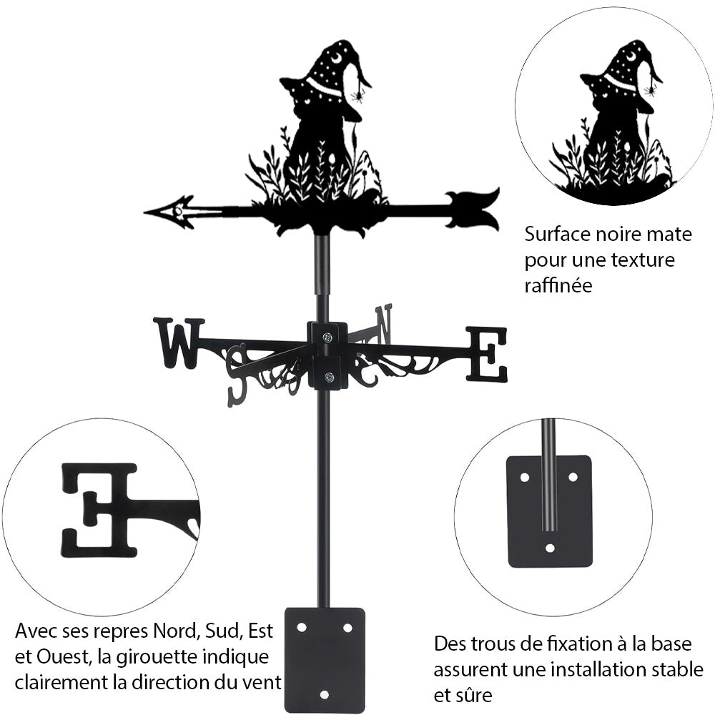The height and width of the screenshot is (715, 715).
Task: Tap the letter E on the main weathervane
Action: [488, 354]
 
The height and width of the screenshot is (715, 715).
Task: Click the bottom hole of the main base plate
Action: [324, 694]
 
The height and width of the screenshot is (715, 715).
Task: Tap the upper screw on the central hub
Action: [327, 337]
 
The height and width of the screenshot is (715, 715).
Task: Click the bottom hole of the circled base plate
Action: [549, 548]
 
